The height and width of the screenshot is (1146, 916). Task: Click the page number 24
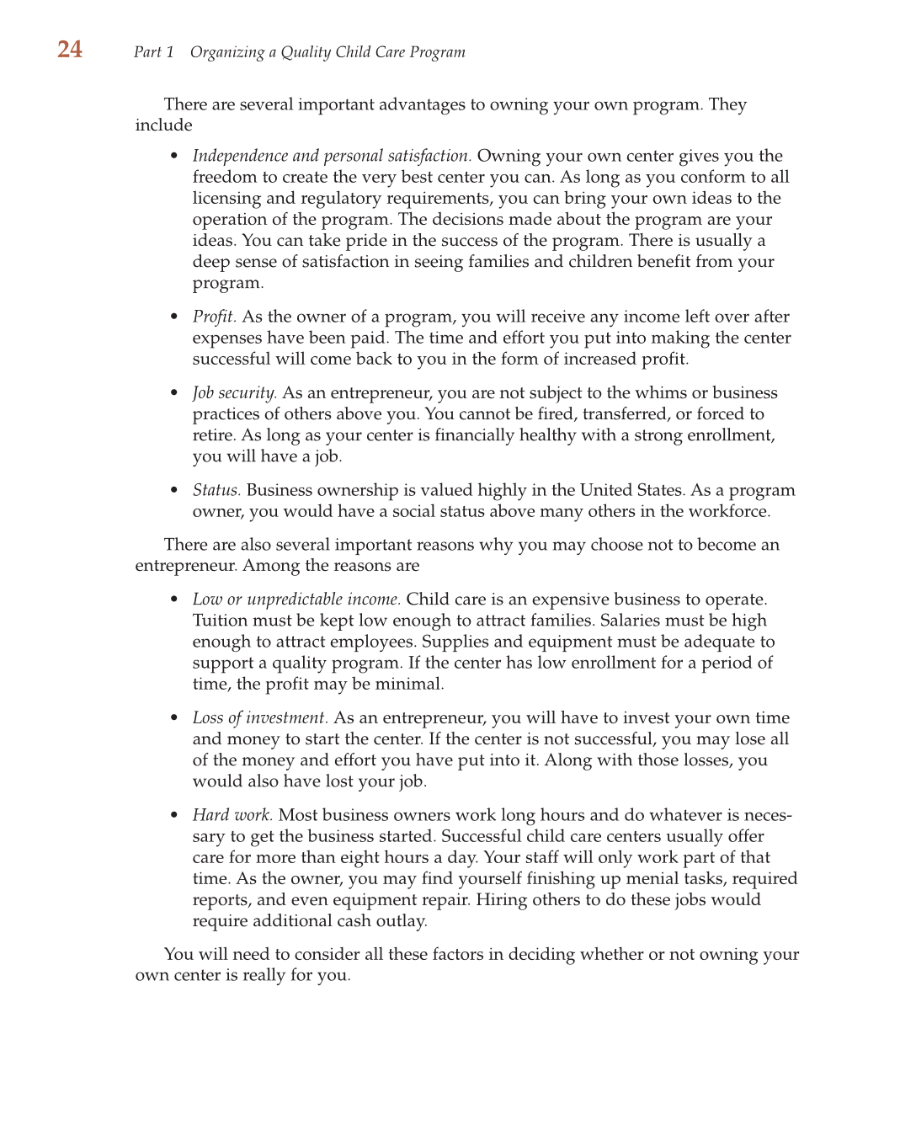pyautogui.click(x=70, y=50)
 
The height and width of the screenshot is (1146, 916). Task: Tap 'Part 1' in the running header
pyautogui.click(x=153, y=52)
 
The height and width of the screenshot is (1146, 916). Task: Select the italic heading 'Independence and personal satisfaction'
pyautogui.click(x=331, y=156)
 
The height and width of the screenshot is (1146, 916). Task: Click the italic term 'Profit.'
pyautogui.click(x=214, y=317)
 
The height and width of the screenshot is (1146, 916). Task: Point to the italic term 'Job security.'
pyautogui.click(x=234, y=393)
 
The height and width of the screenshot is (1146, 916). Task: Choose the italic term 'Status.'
pyautogui.click(x=216, y=490)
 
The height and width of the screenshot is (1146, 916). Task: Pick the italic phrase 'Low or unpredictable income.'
pyautogui.click(x=296, y=600)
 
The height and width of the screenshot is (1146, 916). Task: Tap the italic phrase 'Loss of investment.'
pyautogui.click(x=260, y=718)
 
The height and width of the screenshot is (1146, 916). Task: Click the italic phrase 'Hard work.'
pyautogui.click(x=232, y=815)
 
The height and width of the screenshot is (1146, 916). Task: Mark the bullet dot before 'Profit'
pyautogui.click(x=174, y=317)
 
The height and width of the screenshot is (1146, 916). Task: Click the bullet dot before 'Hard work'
pyautogui.click(x=174, y=816)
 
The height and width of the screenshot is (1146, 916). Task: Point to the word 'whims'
pyautogui.click(x=660, y=393)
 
